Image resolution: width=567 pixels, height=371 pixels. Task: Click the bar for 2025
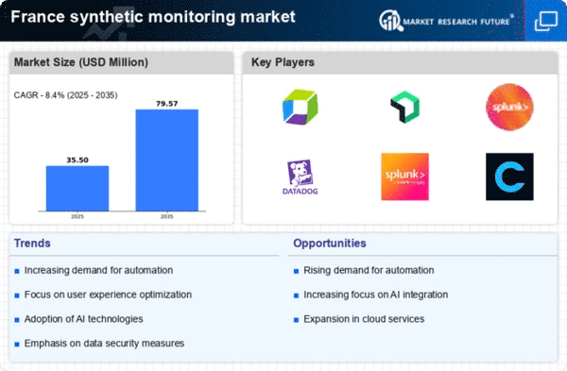[x=77, y=188]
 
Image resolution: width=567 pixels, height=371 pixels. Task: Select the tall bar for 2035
[x=166, y=160]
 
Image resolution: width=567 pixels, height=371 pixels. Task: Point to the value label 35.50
[x=77, y=160]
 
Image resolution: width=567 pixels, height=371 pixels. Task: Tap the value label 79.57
[x=166, y=102]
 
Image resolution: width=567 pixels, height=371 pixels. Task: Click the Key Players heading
[x=283, y=63]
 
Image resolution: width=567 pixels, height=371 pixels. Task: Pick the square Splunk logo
[x=404, y=177]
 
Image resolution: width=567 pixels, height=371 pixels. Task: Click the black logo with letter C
[x=509, y=177]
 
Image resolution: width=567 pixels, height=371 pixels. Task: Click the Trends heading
[x=33, y=244]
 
